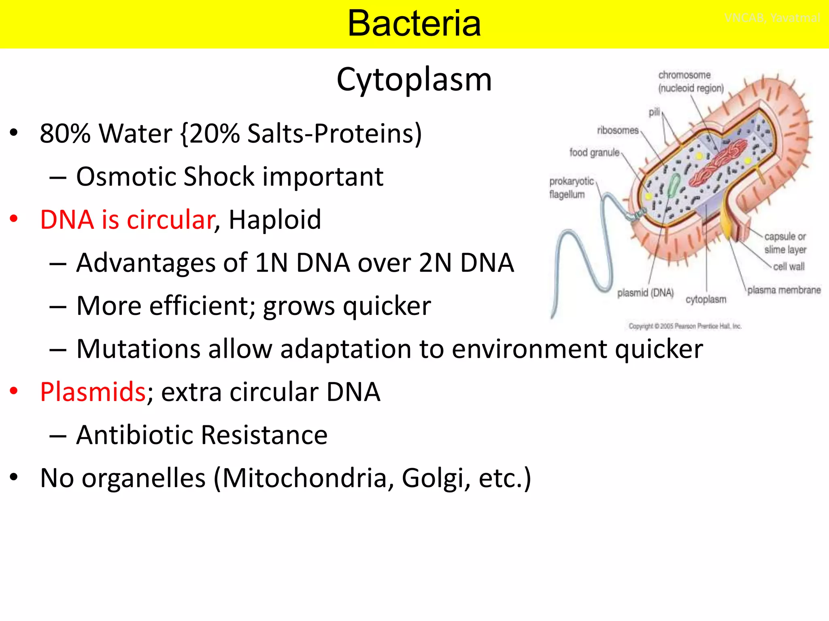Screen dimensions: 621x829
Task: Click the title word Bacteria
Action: coord(414,23)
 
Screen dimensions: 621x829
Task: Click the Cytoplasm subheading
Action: coord(414,80)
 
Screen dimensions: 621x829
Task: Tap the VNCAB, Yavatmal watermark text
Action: coord(772,18)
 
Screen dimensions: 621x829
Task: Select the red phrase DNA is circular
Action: coord(127,220)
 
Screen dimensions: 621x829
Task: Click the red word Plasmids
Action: coord(93,392)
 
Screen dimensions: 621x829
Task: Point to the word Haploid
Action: coord(275,220)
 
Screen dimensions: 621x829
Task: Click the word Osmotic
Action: coord(125,177)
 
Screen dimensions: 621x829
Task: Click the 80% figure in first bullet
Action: coord(65,133)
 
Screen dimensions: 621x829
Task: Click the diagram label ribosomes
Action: coord(617,131)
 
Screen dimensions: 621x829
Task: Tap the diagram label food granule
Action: coord(594,152)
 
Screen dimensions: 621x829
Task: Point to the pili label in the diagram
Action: coord(654,112)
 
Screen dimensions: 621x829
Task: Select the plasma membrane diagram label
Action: coord(784,290)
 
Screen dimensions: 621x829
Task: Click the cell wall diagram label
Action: coord(789,266)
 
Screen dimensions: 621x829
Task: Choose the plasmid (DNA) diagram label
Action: coord(645,293)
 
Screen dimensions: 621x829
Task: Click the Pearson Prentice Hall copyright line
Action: coord(685,326)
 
